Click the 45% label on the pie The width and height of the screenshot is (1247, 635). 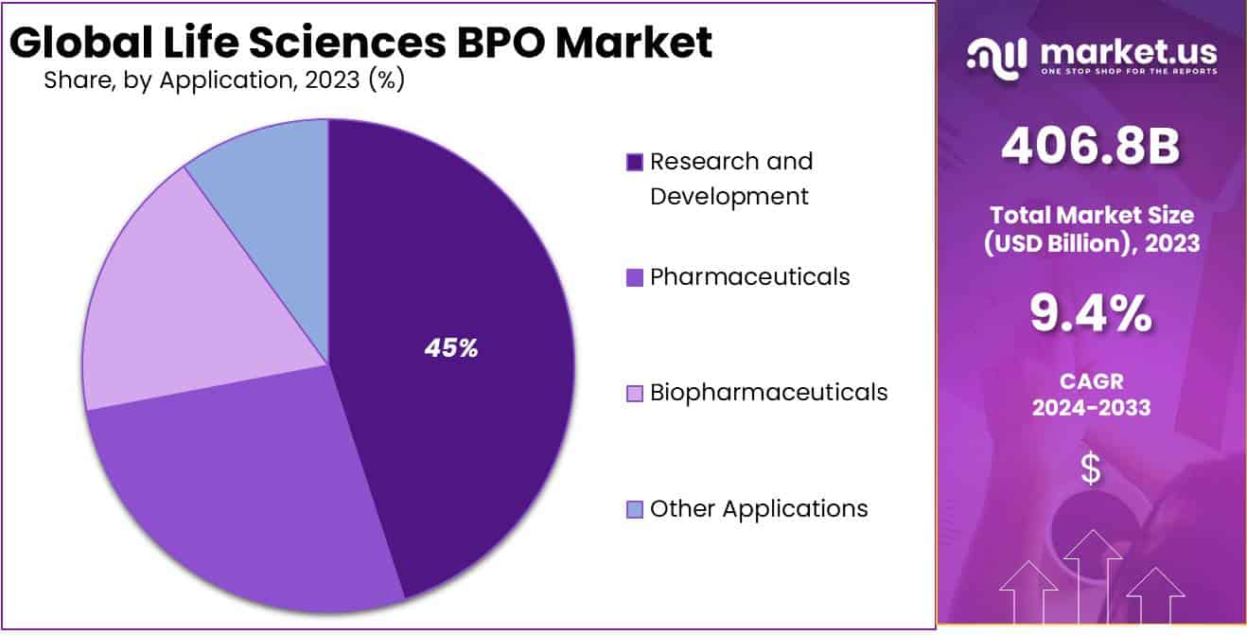click(x=451, y=348)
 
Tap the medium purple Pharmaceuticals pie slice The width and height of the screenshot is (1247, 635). click(x=255, y=502)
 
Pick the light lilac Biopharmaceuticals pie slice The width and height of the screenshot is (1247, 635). click(x=189, y=303)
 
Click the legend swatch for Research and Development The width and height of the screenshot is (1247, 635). click(x=635, y=163)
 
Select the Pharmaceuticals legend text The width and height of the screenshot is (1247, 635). click(x=749, y=276)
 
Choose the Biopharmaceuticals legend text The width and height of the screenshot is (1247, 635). click(x=768, y=392)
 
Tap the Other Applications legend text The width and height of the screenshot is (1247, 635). click(x=759, y=508)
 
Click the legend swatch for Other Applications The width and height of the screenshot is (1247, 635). click(x=635, y=509)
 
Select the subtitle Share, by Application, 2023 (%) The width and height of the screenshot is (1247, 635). click(x=224, y=80)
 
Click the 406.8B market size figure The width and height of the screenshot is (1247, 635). click(x=1090, y=147)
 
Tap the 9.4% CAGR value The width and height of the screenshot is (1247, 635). click(x=1090, y=314)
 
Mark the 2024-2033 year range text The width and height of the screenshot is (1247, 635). click(x=1091, y=408)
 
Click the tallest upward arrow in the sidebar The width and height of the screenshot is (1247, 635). click(x=1093, y=568)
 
